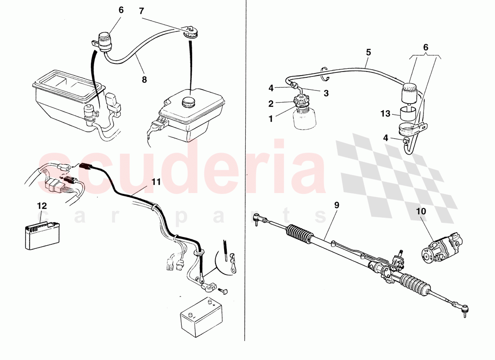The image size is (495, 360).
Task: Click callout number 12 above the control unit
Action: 42,206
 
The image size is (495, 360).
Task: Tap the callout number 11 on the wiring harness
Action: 156,182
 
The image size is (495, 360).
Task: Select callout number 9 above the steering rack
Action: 336,205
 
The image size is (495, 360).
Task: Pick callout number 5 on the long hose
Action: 368,52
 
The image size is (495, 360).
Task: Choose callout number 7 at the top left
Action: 142,11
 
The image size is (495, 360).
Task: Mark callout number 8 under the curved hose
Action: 144,79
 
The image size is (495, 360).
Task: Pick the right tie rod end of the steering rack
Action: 465,309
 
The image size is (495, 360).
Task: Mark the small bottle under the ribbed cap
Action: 305,119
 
